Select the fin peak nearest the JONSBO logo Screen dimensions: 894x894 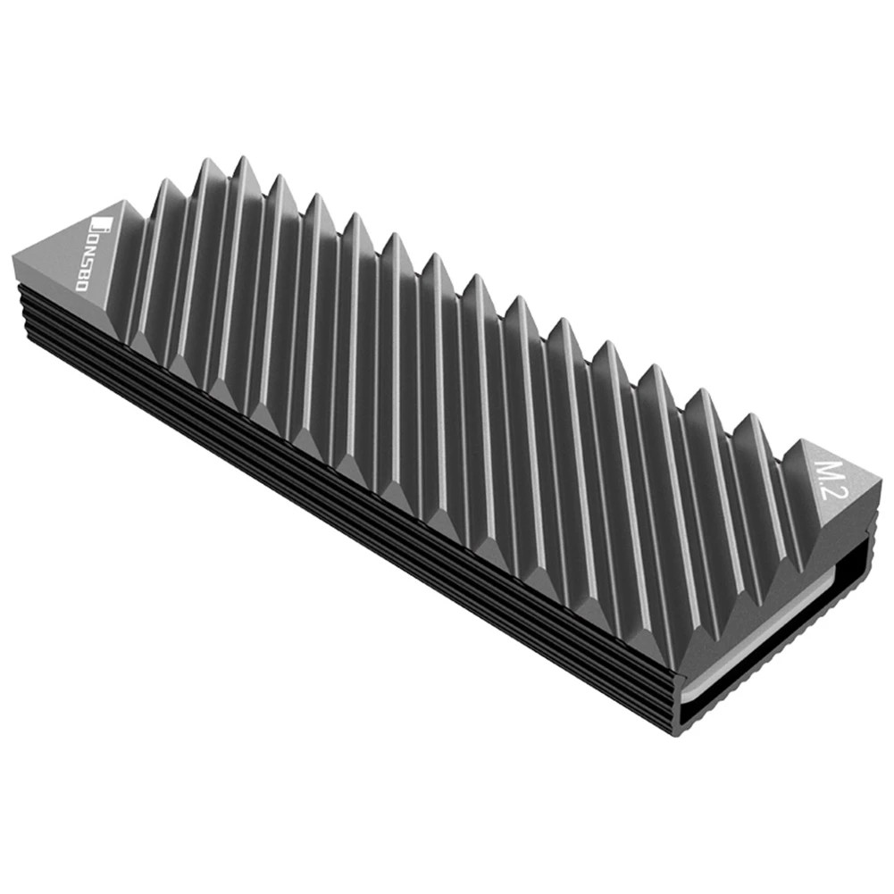point(163,182)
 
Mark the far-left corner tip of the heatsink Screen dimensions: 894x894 point(14,254)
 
